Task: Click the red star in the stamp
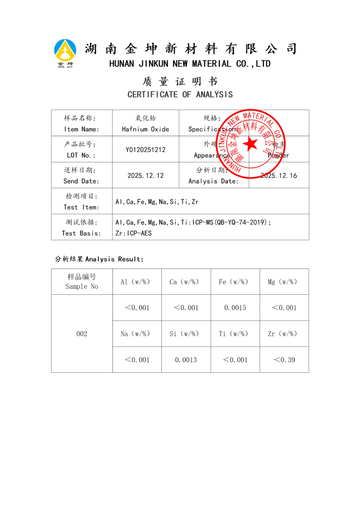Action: (250, 144)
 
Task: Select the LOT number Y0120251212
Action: (145, 150)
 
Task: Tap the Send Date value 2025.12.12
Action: (145, 176)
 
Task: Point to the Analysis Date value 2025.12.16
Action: (279, 176)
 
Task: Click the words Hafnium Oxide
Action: (145, 129)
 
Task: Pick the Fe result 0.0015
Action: (235, 308)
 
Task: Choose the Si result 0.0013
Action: (186, 360)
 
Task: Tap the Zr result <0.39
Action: (284, 360)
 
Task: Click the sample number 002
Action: (82, 334)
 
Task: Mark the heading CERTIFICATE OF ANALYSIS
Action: (180, 95)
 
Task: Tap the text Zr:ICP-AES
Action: (133, 233)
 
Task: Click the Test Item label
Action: (81, 207)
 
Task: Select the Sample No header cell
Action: (82, 282)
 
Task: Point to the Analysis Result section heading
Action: (99, 259)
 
